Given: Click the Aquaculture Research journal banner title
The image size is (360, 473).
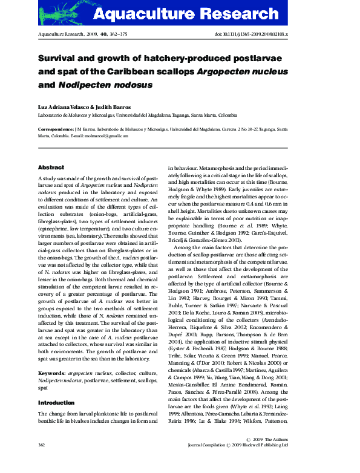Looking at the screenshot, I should click(203, 14).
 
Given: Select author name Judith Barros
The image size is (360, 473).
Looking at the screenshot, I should click(111, 107).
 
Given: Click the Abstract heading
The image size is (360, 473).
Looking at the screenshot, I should click(51, 167).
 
